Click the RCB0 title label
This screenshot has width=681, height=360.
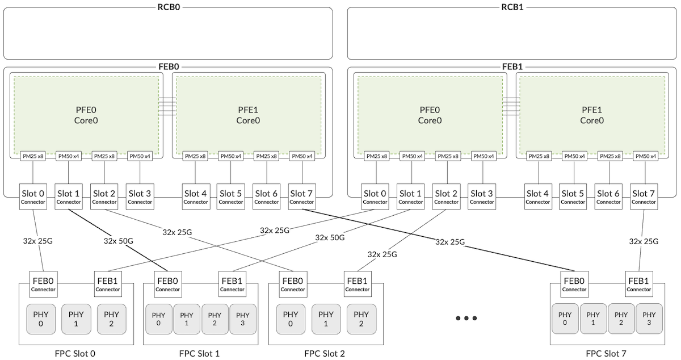coord(169,7)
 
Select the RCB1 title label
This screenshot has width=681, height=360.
coord(512,7)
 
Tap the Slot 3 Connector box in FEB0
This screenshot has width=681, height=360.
coord(140,196)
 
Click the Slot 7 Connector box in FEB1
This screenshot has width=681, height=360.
coord(644,196)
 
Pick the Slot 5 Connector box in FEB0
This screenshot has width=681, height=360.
coord(231,196)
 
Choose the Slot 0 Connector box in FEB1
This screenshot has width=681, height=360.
coord(375,196)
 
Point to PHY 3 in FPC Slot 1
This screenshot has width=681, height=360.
coord(243,319)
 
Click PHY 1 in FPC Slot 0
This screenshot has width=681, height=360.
coord(76,319)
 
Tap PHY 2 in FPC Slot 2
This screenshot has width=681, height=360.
coord(361,319)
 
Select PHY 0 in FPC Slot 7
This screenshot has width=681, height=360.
coord(565,319)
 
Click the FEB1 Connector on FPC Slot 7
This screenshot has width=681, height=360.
coord(639,284)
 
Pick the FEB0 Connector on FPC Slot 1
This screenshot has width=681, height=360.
coord(168,284)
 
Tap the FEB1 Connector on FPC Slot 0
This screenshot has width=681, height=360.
coord(108,284)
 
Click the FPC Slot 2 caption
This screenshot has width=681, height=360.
coord(325,354)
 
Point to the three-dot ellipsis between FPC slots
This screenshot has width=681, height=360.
coord(466,319)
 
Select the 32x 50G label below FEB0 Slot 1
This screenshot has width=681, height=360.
coord(118,241)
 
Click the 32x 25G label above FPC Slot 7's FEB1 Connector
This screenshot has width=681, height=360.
coord(644,241)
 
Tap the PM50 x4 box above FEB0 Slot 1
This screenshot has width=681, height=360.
coord(69,156)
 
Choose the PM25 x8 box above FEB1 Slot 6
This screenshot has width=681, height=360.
coord(610,156)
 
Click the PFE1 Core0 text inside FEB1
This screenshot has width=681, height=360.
coord(591,115)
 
